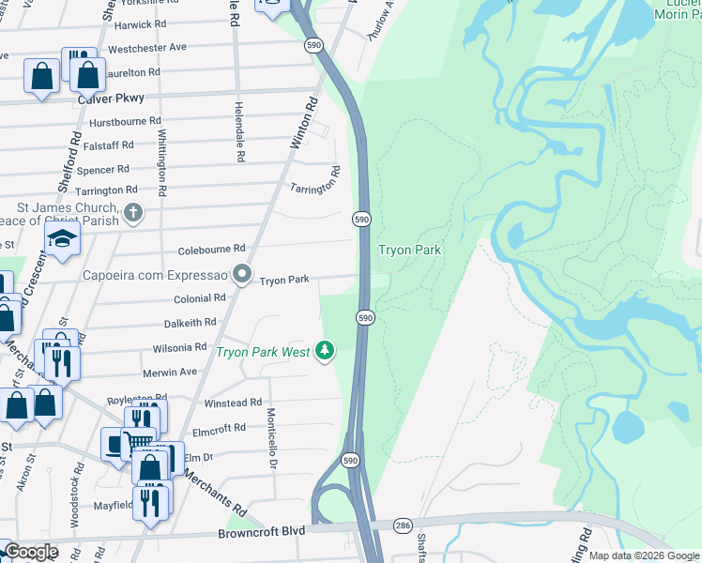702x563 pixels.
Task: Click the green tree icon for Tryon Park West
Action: pos(325,351)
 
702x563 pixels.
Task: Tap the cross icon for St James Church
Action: pos(133,212)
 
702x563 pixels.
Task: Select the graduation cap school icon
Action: pos(62,239)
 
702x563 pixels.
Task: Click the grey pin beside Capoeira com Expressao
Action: pos(242,276)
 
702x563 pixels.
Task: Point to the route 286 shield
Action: pos(403,525)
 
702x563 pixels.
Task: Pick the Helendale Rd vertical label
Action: pos(239,132)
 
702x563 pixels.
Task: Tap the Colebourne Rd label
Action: pos(211,249)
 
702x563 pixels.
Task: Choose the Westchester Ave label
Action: pos(147,47)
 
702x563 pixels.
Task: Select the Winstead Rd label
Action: pos(233,403)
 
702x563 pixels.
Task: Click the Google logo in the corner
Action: pos(31,553)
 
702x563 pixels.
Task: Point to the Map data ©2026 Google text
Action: pos(642,555)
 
